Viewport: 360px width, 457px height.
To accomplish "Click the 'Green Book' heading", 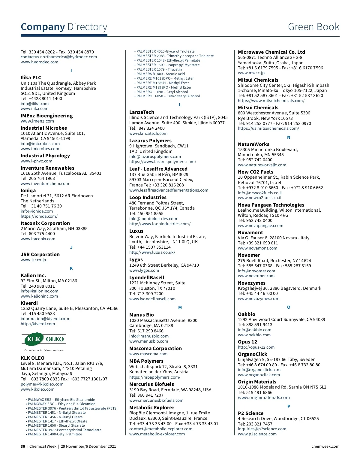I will [x=313, y=27].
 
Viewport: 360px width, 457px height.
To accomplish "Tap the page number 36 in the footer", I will [x=23, y=446].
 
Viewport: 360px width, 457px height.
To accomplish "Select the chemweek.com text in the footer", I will [x=325, y=446].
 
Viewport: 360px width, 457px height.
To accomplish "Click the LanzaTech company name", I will [x=142, y=112].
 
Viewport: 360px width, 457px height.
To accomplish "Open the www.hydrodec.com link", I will [x=39, y=62].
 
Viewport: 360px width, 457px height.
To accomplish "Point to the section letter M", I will [x=180, y=307].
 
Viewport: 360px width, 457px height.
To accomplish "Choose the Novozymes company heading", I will [x=251, y=283].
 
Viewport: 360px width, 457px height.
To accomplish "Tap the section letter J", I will [x=71, y=247].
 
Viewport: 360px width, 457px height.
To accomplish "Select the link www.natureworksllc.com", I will [x=262, y=165].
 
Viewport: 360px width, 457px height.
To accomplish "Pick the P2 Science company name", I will [x=250, y=413].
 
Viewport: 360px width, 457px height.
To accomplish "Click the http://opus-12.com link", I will [x=256, y=347].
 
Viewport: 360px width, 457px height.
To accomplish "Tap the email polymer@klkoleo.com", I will [x=42, y=384].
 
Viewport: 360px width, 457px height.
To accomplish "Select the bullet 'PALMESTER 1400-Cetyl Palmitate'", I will [x=55, y=434].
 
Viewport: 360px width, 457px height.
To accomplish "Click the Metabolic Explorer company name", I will [x=151, y=408].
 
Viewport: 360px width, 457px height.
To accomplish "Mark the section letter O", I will [x=289, y=307].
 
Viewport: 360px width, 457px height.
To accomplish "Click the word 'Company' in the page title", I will [x=43, y=27].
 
